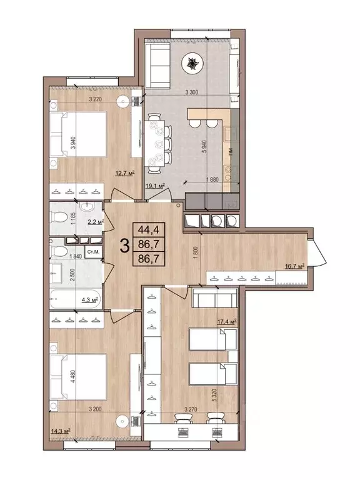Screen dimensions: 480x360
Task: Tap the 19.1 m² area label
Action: pyautogui.click(x=154, y=186)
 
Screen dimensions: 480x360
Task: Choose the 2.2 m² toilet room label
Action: pyautogui.click(x=95, y=221)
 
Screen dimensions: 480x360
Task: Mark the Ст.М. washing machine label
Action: pyautogui.click(x=93, y=252)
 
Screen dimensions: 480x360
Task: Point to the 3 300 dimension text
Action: pyautogui.click(x=197, y=92)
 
